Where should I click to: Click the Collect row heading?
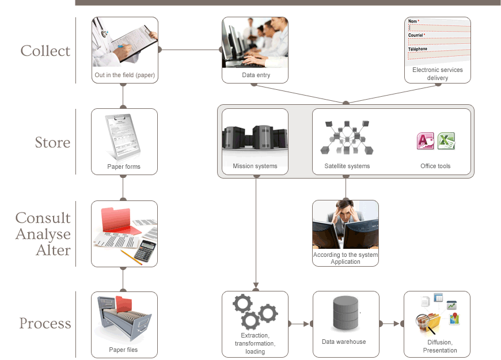[x=45, y=51]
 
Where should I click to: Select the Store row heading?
[x=52, y=143]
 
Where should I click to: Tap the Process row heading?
[x=45, y=324]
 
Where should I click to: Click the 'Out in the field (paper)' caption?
[x=124, y=75]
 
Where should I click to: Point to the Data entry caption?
[x=256, y=75]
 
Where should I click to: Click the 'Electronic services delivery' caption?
[x=437, y=74]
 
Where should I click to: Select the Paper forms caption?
[x=124, y=167]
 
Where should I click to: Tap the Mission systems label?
[x=255, y=166]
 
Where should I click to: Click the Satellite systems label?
[x=347, y=166]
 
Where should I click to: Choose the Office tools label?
[x=435, y=166]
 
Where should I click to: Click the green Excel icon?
[x=446, y=141]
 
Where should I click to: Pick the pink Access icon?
[x=425, y=141]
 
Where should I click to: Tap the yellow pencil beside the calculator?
[x=131, y=257]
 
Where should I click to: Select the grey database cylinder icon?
[x=346, y=313]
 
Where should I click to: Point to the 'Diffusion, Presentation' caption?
[x=439, y=346]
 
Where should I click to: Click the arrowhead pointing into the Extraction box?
[x=255, y=286]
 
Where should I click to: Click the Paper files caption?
[x=124, y=350]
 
